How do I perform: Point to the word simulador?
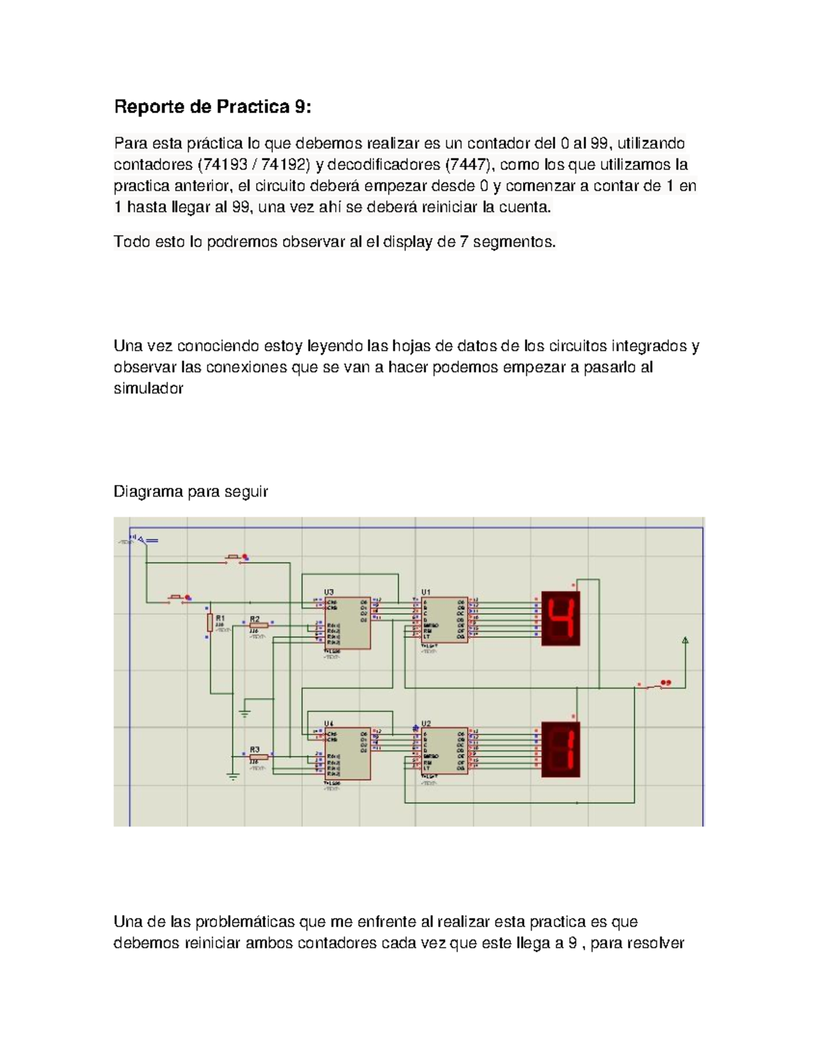pos(148,389)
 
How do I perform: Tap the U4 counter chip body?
pos(347,753)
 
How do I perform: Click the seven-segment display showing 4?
pos(560,618)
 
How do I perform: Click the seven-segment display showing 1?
pos(560,749)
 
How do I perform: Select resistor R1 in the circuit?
pos(210,622)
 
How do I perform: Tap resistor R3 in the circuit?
pos(259,757)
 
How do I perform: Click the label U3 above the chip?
pos(329,592)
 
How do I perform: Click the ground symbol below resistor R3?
pos(233,777)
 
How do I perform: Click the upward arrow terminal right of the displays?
pos(685,640)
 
